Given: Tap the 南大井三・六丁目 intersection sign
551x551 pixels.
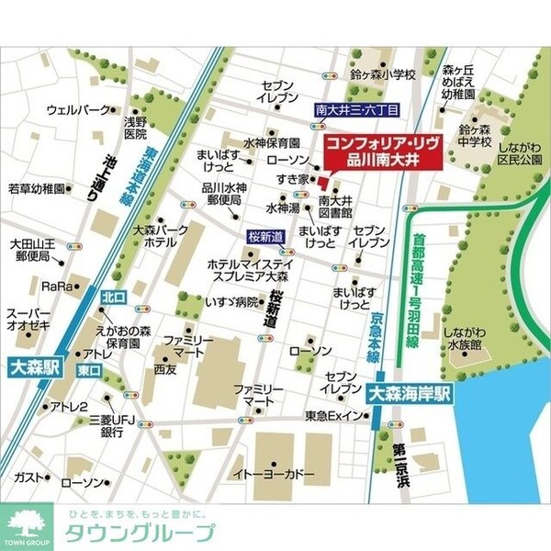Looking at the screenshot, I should coord(356,108).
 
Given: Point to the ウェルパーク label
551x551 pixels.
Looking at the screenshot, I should coord(77,109).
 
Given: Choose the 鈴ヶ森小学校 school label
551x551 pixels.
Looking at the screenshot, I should coord(383,74).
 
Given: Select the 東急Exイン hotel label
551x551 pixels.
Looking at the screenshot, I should coord(334,416).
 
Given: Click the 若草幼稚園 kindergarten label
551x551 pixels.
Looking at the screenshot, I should coord(37,189).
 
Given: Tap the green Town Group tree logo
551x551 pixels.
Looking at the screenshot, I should coord(21,528).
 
